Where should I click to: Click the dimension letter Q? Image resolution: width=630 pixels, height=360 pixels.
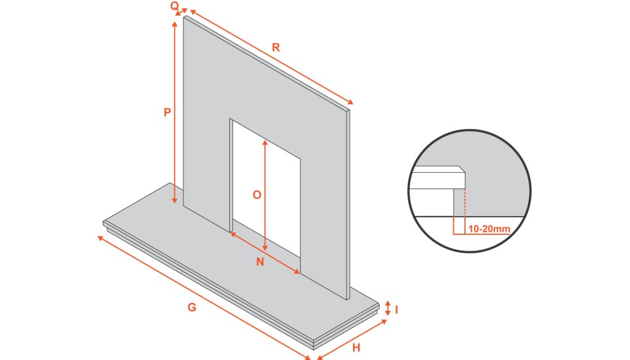pos(174,6)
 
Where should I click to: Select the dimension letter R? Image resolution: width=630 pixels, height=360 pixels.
pos(276,47)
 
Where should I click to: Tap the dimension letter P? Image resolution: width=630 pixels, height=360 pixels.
pos(168,113)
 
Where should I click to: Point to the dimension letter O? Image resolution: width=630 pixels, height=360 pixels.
pos(257,195)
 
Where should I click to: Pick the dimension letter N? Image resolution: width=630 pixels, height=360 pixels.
pos(260,262)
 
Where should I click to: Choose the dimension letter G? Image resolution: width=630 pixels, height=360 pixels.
pos(192,308)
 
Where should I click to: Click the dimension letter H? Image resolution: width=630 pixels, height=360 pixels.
pos(356,348)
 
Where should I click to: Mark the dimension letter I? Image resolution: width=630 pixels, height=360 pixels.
pos(397,310)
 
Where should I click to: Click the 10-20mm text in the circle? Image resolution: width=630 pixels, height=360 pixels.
pos(489,229)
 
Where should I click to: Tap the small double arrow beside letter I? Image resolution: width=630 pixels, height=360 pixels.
pos(388,308)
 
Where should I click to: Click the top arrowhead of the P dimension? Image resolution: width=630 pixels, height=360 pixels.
pos(175,24)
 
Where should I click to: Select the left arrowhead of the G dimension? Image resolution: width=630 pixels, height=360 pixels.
pos(100,238)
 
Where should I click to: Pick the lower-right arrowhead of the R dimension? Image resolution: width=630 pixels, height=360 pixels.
pos(351,102)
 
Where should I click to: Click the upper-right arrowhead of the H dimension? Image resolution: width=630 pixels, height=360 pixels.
pos(384,321)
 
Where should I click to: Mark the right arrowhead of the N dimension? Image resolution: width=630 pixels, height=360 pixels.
pos(297,272)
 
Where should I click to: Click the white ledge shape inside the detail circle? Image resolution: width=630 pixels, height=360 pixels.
pos(437,177)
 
